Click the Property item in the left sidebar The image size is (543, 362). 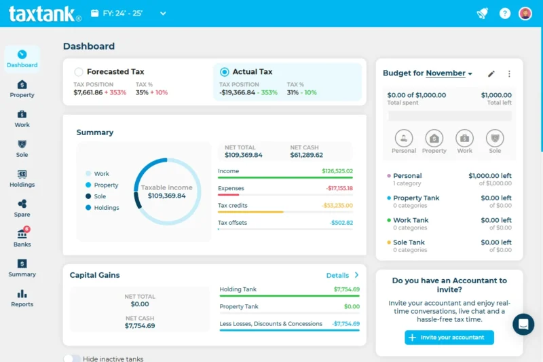tap(22, 88)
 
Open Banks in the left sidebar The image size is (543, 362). tap(22, 237)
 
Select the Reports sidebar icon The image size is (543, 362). tap(22, 297)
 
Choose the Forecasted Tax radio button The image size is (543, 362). tap(79, 72)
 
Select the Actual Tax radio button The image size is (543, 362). tap(225, 72)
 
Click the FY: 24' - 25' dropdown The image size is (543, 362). tap(128, 13)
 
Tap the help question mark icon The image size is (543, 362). tap(504, 13)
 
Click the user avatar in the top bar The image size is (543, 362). tap(525, 13)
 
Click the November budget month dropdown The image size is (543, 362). tap(449, 73)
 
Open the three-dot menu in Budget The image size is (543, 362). tap(509, 73)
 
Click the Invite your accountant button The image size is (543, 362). tap(449, 338)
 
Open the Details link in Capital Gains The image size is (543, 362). tap(342, 275)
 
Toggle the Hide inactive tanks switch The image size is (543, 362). tap(72, 359)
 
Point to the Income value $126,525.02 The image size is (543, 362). tap(337, 171)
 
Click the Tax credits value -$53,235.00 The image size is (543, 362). tap(337, 205)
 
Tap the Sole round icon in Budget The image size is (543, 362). tap(495, 138)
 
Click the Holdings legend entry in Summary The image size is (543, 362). tap(106, 208)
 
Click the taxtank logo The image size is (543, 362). tap(45, 14)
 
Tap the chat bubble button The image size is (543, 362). tap(523, 324)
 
